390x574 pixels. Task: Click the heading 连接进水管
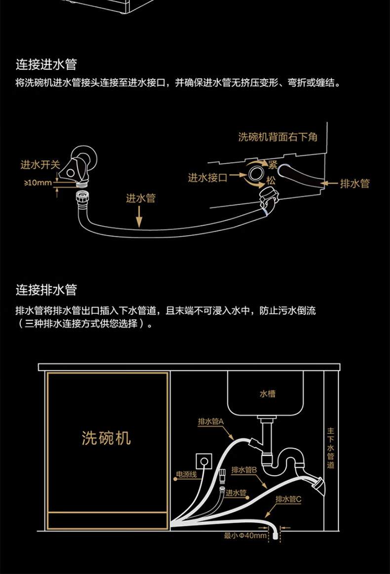click(x=46, y=65)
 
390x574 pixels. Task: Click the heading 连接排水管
click(x=46, y=289)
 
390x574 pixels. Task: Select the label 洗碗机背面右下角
click(x=277, y=137)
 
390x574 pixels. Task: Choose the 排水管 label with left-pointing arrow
click(x=354, y=184)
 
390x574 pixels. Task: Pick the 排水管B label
click(x=245, y=470)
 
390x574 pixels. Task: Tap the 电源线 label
click(x=187, y=475)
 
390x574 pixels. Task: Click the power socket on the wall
click(x=203, y=461)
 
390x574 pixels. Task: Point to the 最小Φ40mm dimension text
click(x=245, y=535)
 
